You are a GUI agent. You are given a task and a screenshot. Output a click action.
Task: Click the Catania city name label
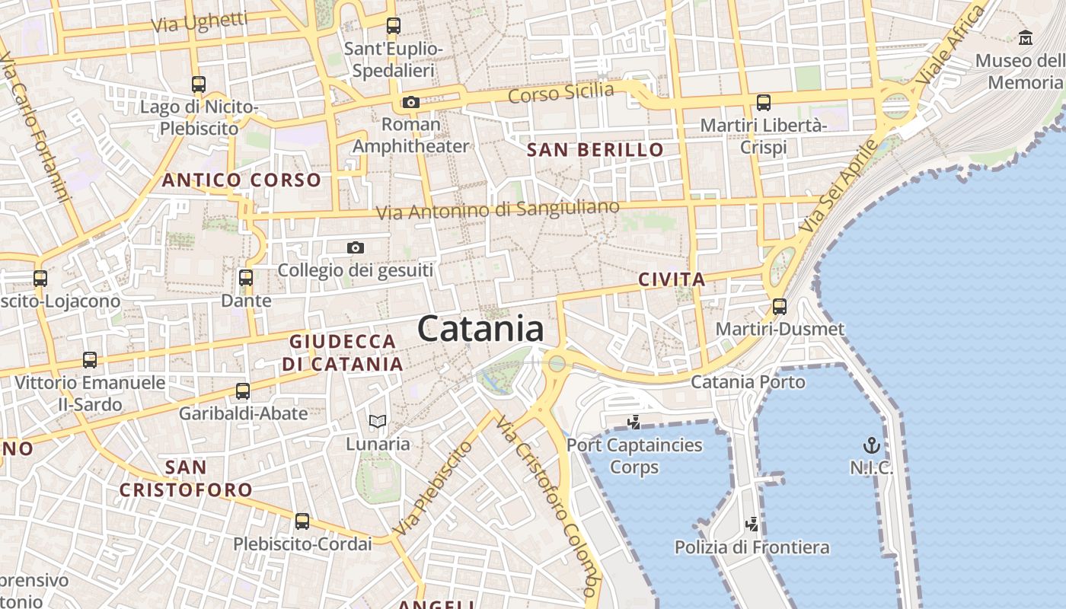click(x=480, y=329)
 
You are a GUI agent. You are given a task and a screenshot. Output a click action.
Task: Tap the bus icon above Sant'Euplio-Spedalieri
click(x=393, y=26)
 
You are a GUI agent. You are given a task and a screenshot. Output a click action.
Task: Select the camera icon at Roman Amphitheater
click(x=411, y=102)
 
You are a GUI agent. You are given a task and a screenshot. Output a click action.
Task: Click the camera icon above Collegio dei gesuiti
click(x=355, y=247)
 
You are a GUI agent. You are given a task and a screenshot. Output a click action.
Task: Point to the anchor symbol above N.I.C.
click(x=871, y=445)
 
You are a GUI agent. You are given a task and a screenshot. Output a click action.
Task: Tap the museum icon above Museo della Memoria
click(x=1026, y=37)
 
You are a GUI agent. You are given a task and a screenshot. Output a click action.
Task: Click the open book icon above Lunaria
click(x=378, y=421)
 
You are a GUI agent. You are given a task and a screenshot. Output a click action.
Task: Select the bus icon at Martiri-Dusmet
click(x=780, y=307)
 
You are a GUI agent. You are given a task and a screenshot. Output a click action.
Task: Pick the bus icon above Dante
click(x=246, y=278)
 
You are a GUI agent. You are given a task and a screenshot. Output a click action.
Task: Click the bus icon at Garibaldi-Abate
click(x=243, y=391)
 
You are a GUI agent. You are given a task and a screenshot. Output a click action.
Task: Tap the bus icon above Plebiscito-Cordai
click(x=302, y=521)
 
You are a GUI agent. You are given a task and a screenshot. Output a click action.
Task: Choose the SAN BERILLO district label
click(x=595, y=150)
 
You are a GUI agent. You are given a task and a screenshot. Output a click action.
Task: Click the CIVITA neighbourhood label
click(x=672, y=279)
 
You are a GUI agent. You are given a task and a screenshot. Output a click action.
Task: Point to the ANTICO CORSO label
click(x=241, y=180)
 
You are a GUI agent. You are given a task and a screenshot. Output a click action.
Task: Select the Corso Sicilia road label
click(x=560, y=93)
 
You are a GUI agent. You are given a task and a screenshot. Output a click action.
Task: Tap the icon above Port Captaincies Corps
click(x=634, y=422)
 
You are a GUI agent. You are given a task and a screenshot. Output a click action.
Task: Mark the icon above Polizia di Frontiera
click(x=752, y=525)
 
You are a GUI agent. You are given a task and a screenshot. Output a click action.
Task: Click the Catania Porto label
click(x=748, y=381)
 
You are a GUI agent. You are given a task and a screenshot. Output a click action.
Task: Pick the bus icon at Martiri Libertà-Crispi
click(x=764, y=102)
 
